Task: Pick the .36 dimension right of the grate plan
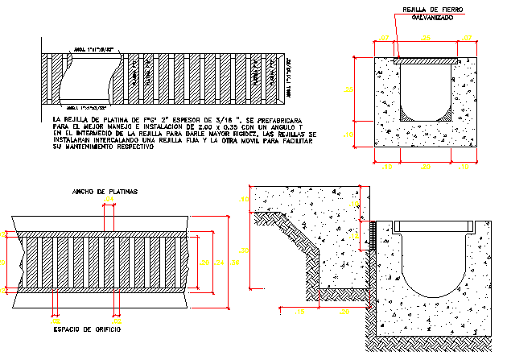click(234, 263)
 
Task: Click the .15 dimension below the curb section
click(302, 309)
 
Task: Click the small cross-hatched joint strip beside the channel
click(373, 233)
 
